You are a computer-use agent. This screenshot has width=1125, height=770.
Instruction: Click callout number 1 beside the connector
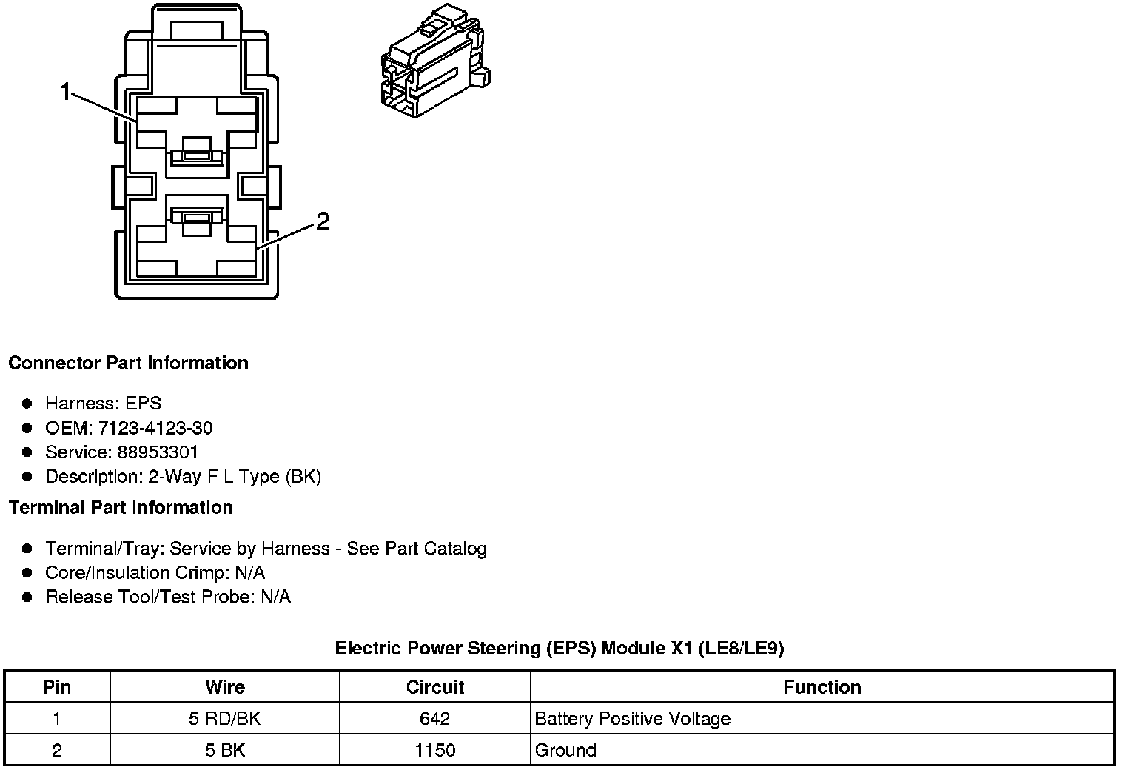pos(66,93)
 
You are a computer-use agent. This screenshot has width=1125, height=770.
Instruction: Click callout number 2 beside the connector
pos(323,221)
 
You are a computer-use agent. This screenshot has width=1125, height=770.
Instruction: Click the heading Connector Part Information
pos(128,363)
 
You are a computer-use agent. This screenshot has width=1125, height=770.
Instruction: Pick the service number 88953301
pos(158,452)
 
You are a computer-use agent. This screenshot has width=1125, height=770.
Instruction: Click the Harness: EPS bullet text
pos(103,404)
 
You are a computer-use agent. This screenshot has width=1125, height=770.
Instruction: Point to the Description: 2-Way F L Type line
pos(183,477)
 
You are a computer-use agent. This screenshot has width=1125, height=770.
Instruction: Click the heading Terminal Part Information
pos(121,507)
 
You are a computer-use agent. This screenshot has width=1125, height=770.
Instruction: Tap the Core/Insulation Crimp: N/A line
pos(155,573)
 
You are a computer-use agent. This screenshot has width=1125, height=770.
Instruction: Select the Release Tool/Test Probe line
pos(168,597)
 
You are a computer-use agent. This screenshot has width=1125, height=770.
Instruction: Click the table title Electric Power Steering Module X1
pos(559,649)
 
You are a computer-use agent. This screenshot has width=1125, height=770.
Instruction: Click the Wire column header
pos(225,687)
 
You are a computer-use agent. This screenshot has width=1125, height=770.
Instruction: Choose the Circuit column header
pos(435,687)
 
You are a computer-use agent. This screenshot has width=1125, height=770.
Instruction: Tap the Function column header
pos(822,687)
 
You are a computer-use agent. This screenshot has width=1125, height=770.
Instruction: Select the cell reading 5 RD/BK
pos(225,719)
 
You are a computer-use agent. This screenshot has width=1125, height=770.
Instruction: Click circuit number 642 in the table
pos(435,719)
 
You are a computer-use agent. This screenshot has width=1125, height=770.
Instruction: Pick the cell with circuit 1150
pos(435,750)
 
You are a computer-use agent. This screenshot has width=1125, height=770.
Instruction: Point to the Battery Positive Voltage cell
pos(632,719)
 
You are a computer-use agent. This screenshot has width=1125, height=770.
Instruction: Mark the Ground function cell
pos(565,750)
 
